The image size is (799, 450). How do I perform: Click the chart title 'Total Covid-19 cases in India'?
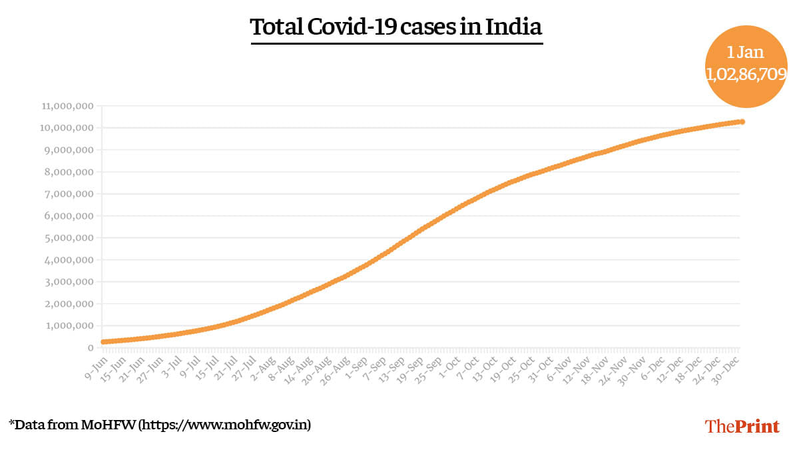tap(396, 28)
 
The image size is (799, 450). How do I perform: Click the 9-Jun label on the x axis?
tap(94, 364)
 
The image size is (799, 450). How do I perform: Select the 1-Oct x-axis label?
tap(451, 364)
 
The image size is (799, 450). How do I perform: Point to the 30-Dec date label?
tap(728, 365)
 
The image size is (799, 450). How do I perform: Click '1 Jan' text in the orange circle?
tap(745, 52)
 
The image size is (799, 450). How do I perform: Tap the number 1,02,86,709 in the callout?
tap(746, 74)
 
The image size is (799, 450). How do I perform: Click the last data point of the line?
tap(742, 122)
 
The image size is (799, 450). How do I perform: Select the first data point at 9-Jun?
tap(103, 342)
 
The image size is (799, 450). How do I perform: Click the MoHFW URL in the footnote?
tap(224, 425)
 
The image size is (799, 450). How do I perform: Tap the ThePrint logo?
tap(742, 426)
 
